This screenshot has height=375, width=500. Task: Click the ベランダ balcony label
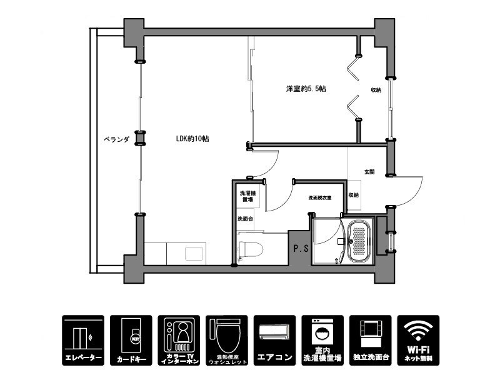(116, 139)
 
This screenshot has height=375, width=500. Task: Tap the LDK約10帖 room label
(192, 139)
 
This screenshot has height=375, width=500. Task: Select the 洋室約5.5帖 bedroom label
(306, 89)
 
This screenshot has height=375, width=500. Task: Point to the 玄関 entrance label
(369, 171)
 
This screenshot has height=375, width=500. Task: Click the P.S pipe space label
(301, 248)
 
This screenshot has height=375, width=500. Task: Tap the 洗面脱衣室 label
(319, 197)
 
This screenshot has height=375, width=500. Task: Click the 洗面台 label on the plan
(245, 219)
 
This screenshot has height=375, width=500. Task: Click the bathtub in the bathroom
(359, 240)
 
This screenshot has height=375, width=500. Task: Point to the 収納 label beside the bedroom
(376, 90)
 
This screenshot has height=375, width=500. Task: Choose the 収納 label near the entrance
(354, 195)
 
